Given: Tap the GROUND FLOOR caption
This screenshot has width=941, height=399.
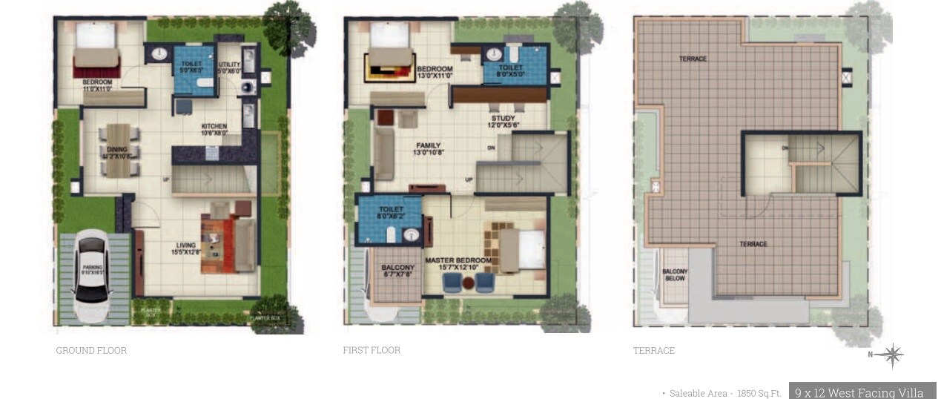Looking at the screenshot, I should point(91,351).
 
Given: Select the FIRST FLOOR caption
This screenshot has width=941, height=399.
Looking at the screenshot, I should point(372,350).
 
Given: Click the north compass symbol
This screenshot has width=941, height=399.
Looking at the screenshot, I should point(892,355).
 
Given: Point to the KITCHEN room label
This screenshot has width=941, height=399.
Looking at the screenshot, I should point(214,126).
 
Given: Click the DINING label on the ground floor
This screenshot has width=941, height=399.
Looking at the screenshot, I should point(116,148).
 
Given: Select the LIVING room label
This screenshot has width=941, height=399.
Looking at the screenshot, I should point(186,245).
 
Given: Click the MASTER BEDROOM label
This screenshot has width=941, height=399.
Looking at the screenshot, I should point(458,260).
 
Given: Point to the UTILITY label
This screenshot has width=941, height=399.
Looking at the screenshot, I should point(229,65).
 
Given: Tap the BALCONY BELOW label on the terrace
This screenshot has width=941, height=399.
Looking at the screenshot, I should point(675,275).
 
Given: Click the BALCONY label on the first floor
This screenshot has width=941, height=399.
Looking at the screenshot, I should point(398,268).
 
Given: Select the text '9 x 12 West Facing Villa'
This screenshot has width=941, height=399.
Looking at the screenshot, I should point(859,393).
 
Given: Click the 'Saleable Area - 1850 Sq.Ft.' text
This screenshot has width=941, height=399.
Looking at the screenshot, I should point(725,394).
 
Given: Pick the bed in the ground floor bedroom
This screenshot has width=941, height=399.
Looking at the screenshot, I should point(96,49).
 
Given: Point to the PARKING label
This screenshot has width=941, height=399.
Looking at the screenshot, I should point(93,268).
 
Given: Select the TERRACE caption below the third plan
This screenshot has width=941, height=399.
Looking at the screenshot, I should point(654,351).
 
